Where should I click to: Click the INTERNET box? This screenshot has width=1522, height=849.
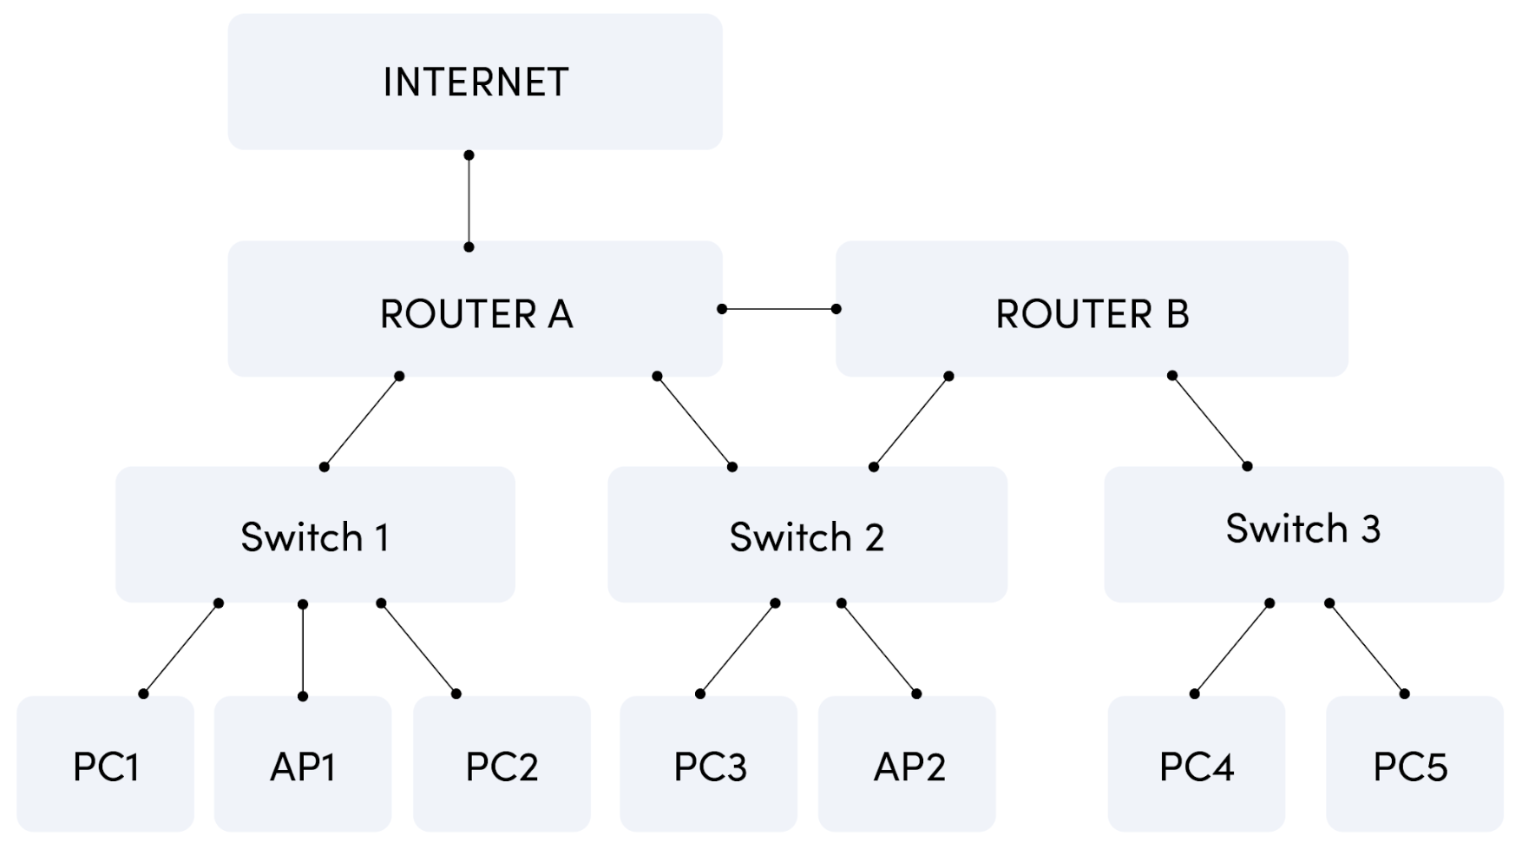coord(475,82)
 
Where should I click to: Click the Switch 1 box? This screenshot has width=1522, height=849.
coord(315,535)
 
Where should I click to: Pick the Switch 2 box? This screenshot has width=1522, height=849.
coord(807,535)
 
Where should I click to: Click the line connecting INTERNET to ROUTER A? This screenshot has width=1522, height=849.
coord(469,201)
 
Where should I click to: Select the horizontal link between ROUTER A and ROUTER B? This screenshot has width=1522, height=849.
coord(779,309)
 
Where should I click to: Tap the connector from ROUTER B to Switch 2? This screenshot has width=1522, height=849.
coord(911,422)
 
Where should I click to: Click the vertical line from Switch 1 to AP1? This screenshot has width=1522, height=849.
coord(303,649)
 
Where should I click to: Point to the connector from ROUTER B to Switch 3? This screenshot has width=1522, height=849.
coord(1210,421)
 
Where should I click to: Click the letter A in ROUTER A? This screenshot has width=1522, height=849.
coord(561,314)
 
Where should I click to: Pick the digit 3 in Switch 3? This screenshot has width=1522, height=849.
coord(1370,529)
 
